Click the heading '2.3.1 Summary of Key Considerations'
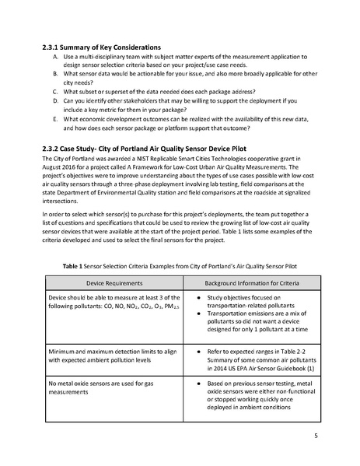tap(107, 47)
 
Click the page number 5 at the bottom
tap(316, 435)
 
